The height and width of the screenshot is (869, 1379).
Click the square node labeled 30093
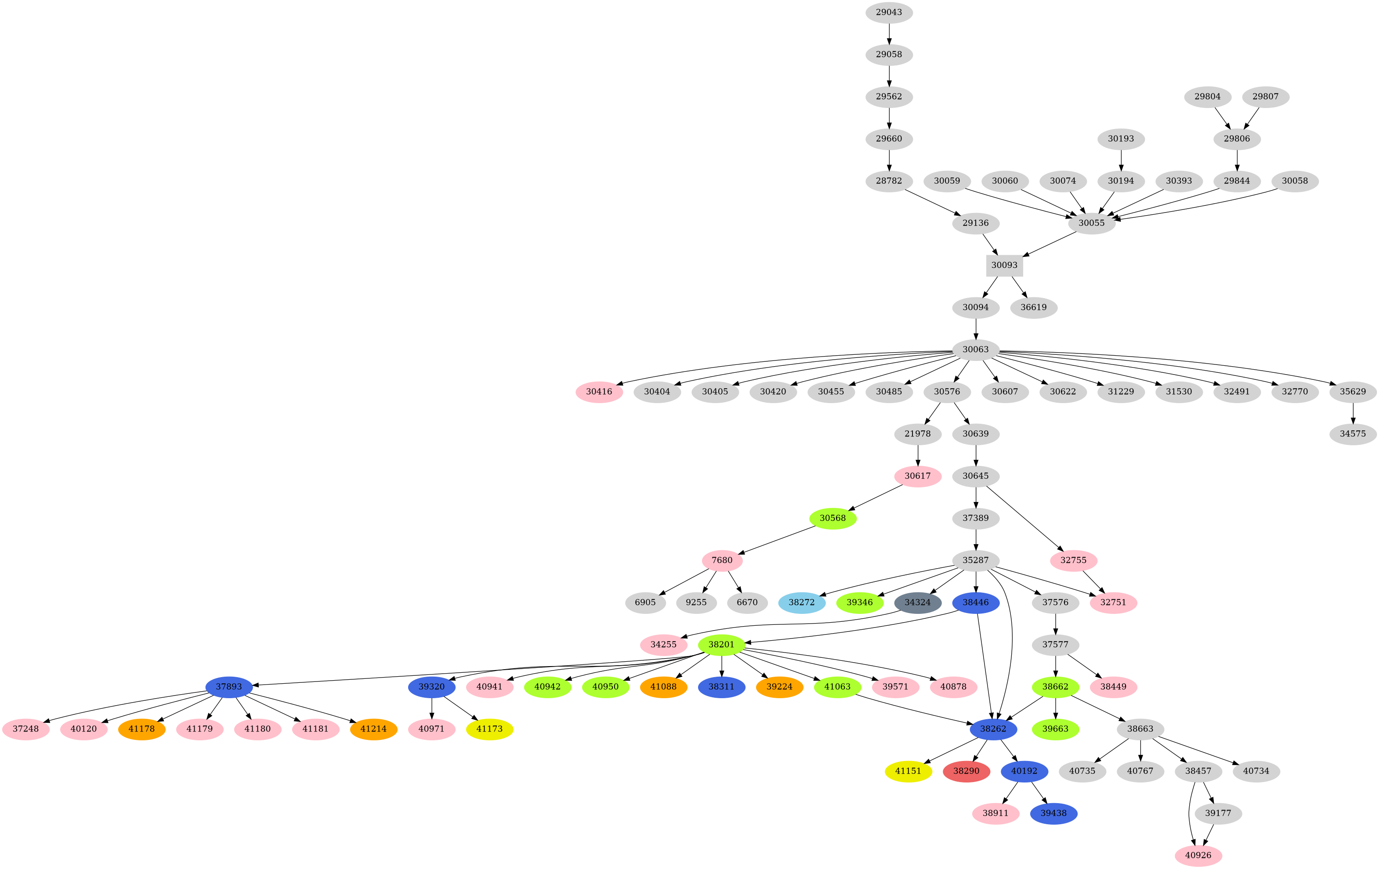[x=1004, y=265]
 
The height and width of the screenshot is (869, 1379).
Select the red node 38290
[x=966, y=771]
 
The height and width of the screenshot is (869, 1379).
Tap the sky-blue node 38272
[x=802, y=602]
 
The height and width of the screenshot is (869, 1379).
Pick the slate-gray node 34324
[x=917, y=602]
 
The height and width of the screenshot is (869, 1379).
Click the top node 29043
[x=889, y=12]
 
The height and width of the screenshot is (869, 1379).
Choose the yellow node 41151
[x=908, y=771]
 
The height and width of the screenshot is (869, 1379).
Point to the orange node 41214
[x=373, y=729]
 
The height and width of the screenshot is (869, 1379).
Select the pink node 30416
[x=599, y=392]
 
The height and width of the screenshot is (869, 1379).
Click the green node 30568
[x=832, y=518]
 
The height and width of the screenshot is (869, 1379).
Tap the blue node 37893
[x=229, y=686]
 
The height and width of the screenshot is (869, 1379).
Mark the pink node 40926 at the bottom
[x=1198, y=855]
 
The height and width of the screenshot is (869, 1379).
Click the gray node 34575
[x=1353, y=434]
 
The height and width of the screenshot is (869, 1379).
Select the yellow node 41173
[x=490, y=729]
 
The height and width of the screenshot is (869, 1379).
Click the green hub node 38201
[x=721, y=645]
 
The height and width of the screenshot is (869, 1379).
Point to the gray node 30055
[x=1092, y=223]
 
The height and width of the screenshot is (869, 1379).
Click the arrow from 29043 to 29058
[x=889, y=33]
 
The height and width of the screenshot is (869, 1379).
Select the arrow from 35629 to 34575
[x=1353, y=413]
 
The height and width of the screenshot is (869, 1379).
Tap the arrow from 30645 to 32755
[x=1025, y=519]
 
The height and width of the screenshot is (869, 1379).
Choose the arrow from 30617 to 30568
[x=876, y=498]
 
